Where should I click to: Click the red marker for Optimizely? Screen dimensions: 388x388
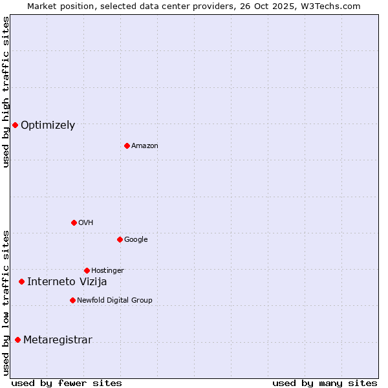point(15,125)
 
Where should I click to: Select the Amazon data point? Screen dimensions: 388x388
point(127,145)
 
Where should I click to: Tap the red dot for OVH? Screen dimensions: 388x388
point(74,222)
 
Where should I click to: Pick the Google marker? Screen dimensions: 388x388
point(120,239)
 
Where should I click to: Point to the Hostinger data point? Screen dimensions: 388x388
point(87,270)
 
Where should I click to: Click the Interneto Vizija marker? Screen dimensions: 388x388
point(21,281)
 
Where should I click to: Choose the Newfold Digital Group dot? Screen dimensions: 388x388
point(72,300)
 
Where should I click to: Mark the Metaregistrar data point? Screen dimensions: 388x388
point(17,339)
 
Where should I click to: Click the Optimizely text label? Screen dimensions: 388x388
point(48,125)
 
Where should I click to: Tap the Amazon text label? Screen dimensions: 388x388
point(145,146)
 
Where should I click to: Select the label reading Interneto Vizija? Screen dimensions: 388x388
point(67,282)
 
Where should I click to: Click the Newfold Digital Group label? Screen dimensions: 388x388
point(114,300)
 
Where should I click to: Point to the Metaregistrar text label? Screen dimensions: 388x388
point(58,340)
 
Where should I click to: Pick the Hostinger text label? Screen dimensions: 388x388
point(107,270)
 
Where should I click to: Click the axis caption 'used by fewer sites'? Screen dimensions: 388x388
point(67,383)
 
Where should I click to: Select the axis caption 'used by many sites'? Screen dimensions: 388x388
point(325,383)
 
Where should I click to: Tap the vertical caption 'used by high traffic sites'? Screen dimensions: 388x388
point(6,92)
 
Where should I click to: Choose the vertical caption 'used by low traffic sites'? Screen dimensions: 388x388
point(6,303)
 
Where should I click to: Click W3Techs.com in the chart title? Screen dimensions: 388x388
point(331,6)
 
